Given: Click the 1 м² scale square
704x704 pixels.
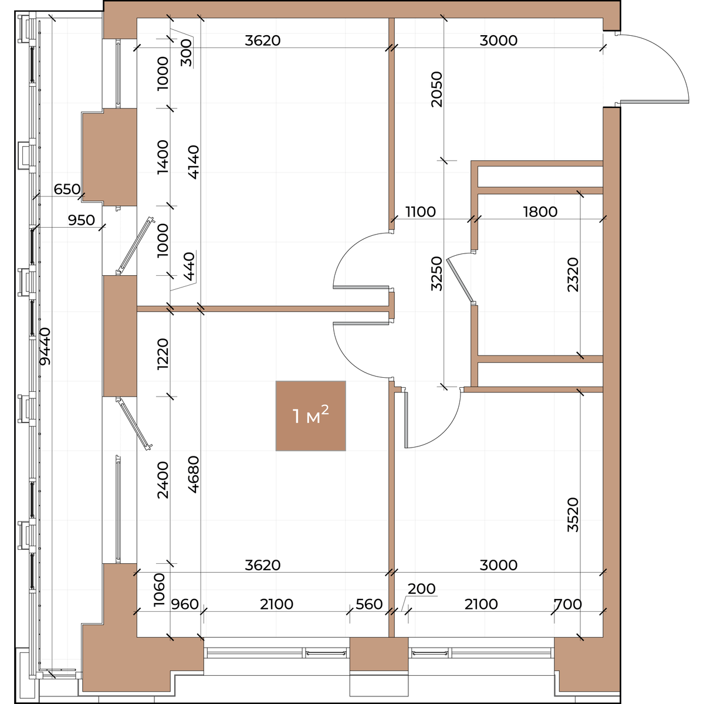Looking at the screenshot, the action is coord(310,416).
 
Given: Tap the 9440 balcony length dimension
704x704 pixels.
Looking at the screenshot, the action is coord(45,346).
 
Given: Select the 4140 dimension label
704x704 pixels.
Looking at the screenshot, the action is coord(194,162).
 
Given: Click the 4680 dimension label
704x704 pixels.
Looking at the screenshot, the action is coord(194,475).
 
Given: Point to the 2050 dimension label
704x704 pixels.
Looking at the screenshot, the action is coord(436,89).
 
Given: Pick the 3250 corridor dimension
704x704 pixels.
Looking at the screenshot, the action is coord(436,273).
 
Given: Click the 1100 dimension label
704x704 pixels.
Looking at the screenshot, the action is coord(421,212).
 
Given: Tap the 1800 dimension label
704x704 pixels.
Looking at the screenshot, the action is coord(540,212).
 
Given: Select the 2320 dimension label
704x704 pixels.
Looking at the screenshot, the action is coord(573,275).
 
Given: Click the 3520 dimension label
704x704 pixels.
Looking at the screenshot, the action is coord(573,515).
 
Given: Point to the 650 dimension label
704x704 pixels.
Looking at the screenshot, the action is coord(67,189).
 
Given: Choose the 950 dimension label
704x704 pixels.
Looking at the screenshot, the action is coord(81,221).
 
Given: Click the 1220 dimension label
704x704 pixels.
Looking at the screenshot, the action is coord(163,354).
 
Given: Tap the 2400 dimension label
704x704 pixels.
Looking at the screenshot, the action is coord(163,480).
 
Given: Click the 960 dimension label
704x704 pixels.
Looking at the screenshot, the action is coord(185,604).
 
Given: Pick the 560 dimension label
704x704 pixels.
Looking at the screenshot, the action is coord(369,604).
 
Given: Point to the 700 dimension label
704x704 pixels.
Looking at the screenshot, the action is coord(568,604).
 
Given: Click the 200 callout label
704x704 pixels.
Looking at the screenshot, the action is coord(422,588).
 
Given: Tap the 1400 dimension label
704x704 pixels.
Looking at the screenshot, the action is coord(163,157).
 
